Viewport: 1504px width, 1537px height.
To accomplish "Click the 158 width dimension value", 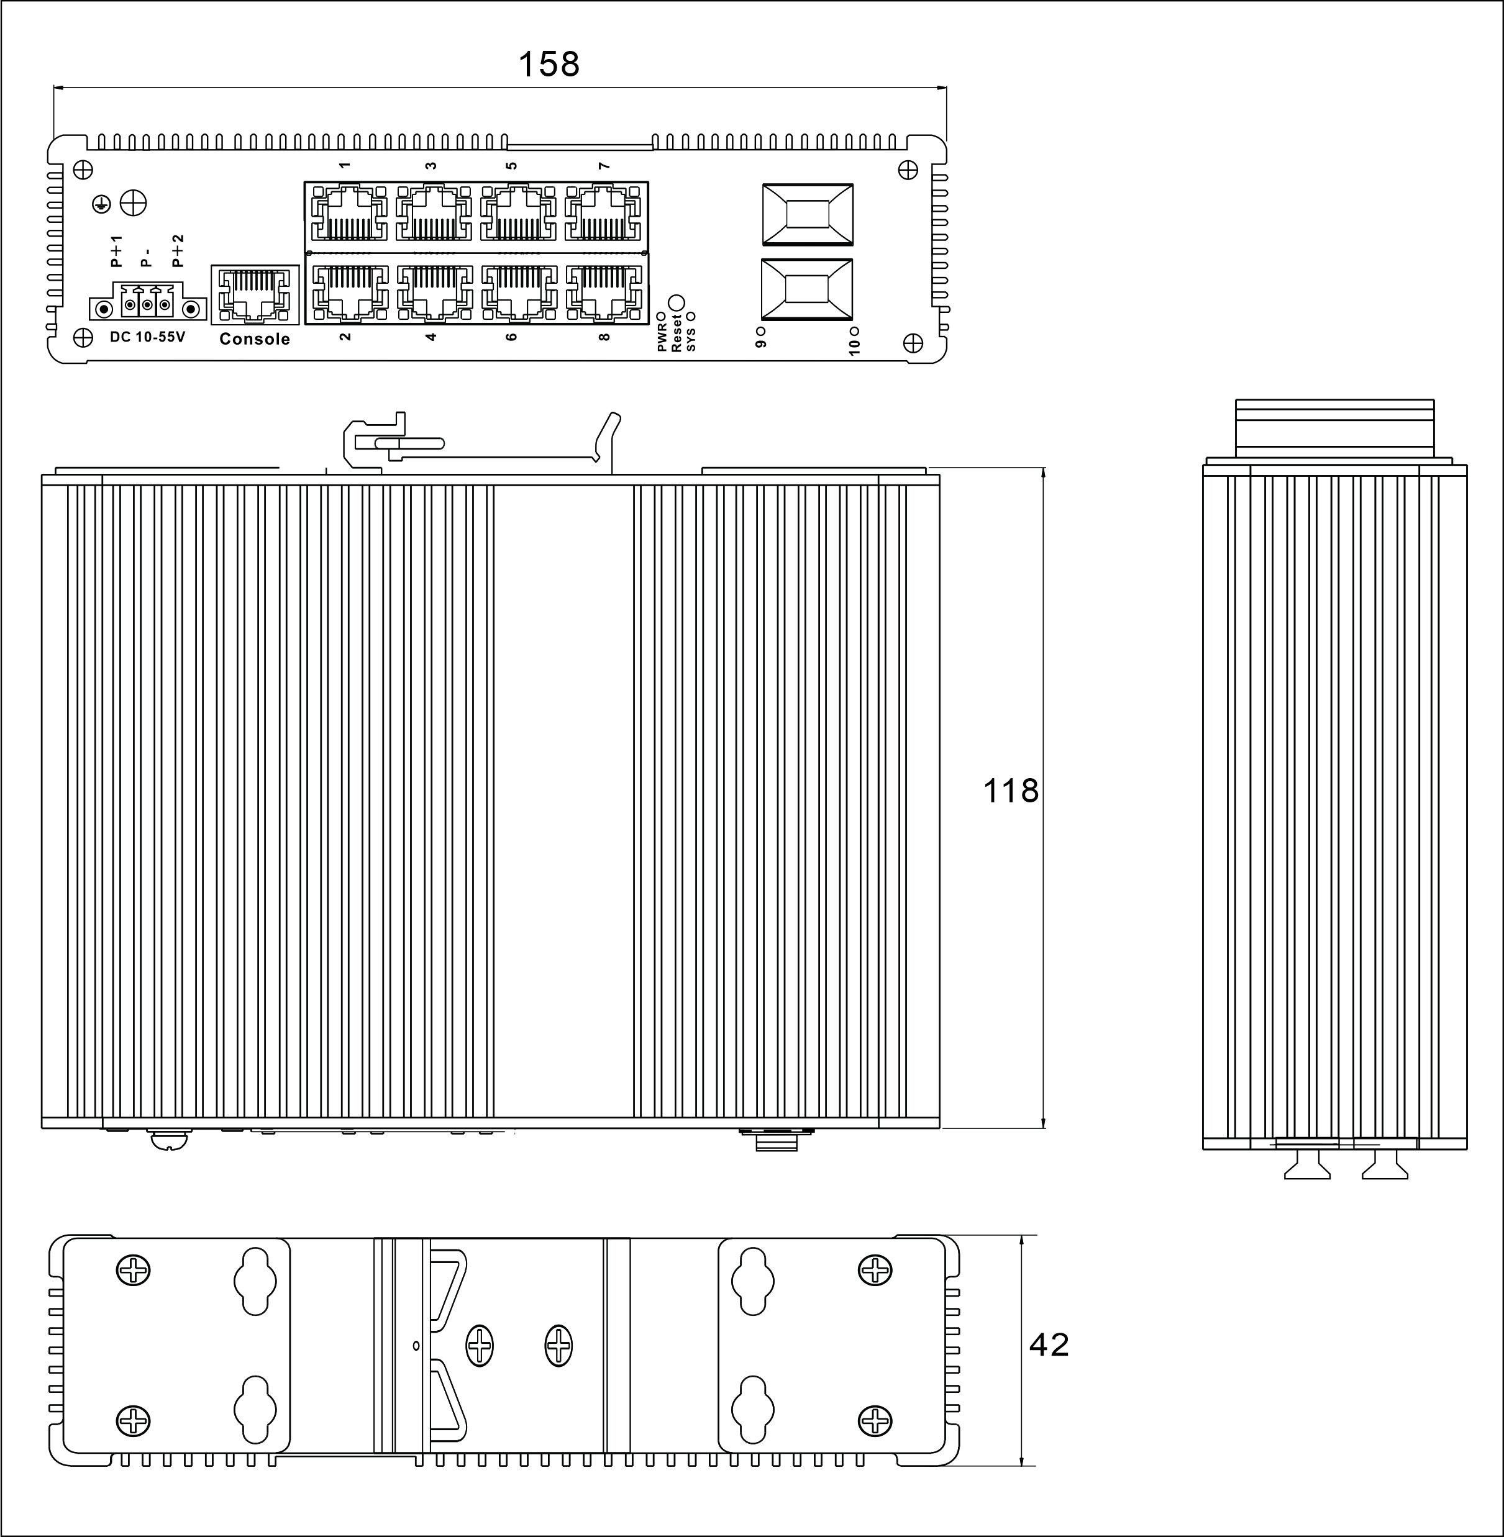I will pos(548,65).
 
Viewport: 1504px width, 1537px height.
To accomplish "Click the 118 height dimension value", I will pos(1010,791).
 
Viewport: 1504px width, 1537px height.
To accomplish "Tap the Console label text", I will pos(254,339).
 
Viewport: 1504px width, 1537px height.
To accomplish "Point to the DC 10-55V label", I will pos(147,337).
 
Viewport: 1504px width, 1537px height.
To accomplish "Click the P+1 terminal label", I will pos(116,250).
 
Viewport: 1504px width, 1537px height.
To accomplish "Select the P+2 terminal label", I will pos(178,250).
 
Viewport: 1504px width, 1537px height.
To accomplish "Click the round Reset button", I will pos(676,303).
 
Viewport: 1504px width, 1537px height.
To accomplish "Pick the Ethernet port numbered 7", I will pos(603,213).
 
